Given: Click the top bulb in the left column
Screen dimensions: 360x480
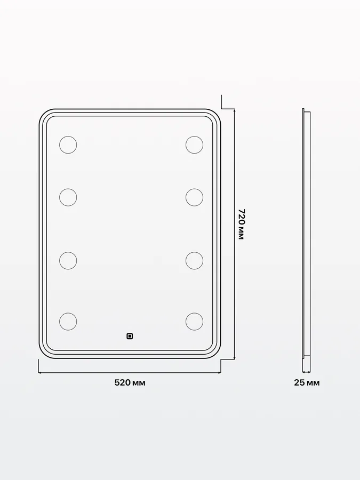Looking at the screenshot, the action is (68, 145).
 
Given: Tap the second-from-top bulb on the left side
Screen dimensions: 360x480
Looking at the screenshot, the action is (68, 197).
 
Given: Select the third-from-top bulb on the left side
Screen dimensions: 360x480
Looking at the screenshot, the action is (68, 260).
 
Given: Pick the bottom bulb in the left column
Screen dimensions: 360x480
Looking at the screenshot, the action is (68, 322).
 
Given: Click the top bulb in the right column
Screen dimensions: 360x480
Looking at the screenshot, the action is (194, 145).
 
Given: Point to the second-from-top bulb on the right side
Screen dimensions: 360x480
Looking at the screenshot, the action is (194, 197).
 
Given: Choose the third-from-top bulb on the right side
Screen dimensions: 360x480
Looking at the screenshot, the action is (194, 260).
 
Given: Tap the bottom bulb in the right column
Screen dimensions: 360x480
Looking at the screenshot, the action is (194, 322).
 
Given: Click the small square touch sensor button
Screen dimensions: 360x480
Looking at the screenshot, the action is (130, 337).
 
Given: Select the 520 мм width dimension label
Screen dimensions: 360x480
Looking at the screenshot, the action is (130, 382).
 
